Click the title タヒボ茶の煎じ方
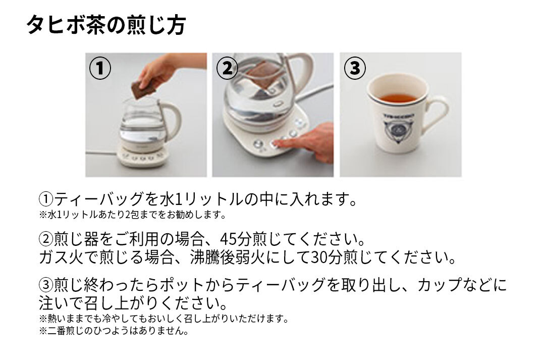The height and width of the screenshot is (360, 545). click(106, 25)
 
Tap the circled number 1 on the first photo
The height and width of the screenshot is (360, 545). click(100, 68)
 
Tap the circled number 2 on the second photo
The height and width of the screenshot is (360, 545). click(227, 68)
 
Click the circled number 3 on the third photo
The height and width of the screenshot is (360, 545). click(355, 68)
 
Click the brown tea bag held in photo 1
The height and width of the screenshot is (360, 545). click(143, 89)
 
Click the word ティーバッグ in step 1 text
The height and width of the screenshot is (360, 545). click(99, 199)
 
